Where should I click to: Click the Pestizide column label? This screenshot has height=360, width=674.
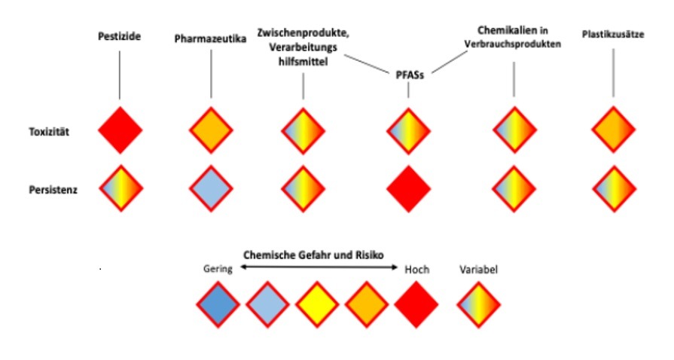120,36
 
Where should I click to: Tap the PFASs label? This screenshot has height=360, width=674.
408,75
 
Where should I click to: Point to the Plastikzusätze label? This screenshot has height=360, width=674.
613,34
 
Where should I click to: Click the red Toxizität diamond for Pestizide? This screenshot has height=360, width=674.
120,130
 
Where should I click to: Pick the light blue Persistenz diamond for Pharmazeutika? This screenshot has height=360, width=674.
212,188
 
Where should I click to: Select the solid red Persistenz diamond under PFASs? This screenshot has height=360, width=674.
408,188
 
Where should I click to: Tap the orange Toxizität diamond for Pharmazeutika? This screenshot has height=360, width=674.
212,130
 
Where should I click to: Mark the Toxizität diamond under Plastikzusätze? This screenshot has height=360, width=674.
613,130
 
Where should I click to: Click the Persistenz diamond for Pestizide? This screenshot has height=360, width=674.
120,188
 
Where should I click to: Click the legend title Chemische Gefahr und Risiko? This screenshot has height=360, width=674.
313,255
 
